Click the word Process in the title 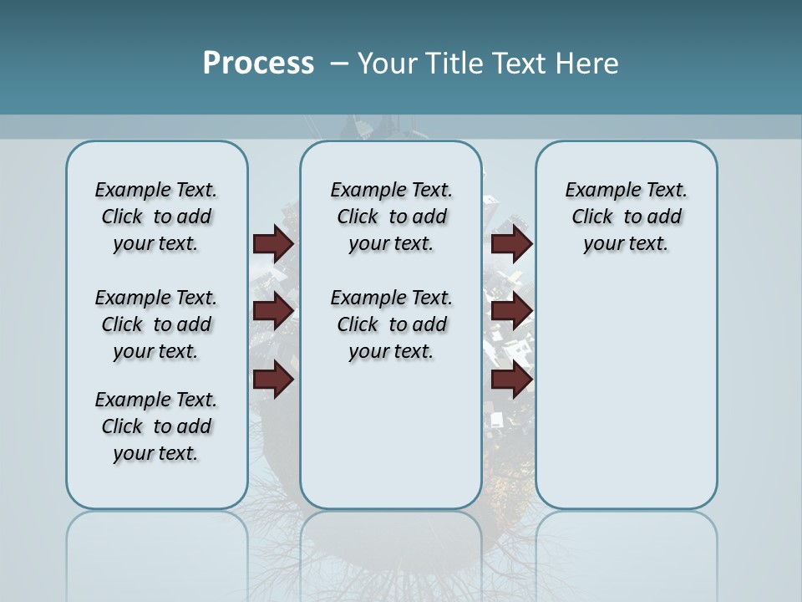tap(258, 64)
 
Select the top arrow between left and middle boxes tap(273, 243)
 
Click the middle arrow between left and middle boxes tap(273, 311)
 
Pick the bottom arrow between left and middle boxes tap(273, 380)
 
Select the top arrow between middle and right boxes tap(511, 243)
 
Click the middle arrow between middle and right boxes tap(511, 311)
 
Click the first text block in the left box tap(156, 217)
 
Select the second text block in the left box tap(156, 324)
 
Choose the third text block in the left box tap(156, 426)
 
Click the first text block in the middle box tap(391, 217)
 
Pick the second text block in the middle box tap(391, 324)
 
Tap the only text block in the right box tap(627, 217)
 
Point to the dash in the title tap(340, 64)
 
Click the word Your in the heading tap(388, 64)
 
